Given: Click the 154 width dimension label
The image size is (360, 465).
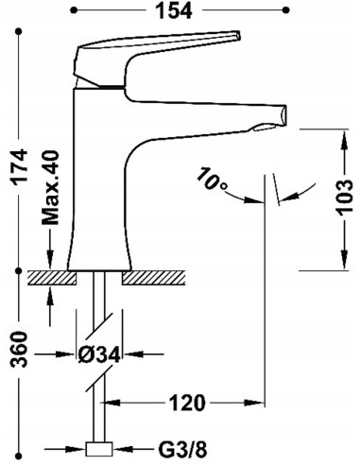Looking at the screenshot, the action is pyautogui.click(x=174, y=11).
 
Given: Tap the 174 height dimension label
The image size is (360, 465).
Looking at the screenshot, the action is pyautogui.click(x=19, y=167).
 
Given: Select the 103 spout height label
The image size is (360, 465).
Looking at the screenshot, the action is pyautogui.click(x=344, y=198).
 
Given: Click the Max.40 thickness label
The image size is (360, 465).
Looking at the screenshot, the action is pyautogui.click(x=50, y=187).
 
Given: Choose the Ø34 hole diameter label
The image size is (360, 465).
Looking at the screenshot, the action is pyautogui.click(x=99, y=354).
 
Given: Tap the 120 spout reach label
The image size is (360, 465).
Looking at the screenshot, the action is pyautogui.click(x=187, y=403).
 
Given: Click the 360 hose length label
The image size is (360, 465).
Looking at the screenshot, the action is pyautogui.click(x=19, y=349).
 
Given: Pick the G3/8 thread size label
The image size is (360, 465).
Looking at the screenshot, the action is pyautogui.click(x=183, y=449).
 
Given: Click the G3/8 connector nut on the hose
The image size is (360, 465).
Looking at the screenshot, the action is pyautogui.click(x=99, y=449).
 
